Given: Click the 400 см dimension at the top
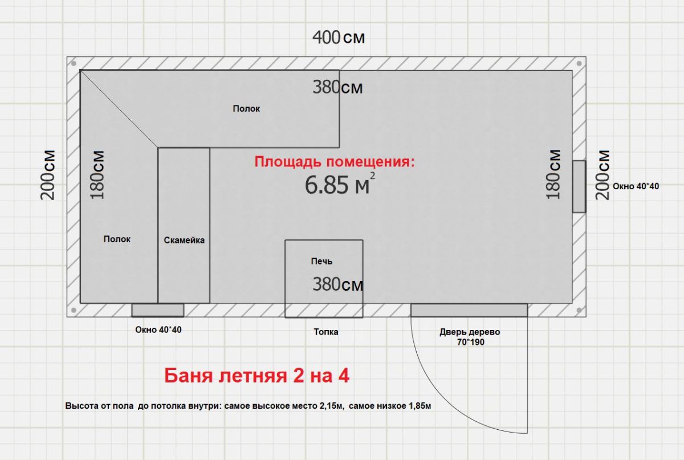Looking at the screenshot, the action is click(x=339, y=37).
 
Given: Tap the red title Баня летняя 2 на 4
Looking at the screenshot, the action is click(x=256, y=376).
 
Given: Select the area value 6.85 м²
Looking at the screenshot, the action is click(x=340, y=184).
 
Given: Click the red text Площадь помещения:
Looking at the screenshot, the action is click(x=335, y=162).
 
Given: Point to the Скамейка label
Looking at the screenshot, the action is click(x=184, y=240).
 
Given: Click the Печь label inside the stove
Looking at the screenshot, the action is click(x=321, y=261).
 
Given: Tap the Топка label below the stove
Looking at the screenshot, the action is click(x=326, y=332).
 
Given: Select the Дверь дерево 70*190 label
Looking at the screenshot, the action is click(x=470, y=337).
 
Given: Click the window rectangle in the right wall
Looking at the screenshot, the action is click(x=579, y=186).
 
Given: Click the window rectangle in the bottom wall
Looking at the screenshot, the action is click(x=158, y=310).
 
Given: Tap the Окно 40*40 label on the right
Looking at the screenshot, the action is click(x=636, y=186).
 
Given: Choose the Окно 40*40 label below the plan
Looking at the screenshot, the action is click(x=158, y=329).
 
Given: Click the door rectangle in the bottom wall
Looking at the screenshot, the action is click(x=469, y=310).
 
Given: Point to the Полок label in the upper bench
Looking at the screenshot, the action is click(x=246, y=108).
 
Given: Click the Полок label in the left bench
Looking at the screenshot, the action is click(x=117, y=239).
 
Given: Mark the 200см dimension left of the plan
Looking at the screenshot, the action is click(x=48, y=175).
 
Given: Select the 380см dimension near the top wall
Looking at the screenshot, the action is click(x=337, y=87).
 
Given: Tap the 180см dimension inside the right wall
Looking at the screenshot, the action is click(x=553, y=174).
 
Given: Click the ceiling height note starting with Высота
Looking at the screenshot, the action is click(x=248, y=406).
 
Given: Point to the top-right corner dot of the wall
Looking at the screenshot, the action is click(x=579, y=63).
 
